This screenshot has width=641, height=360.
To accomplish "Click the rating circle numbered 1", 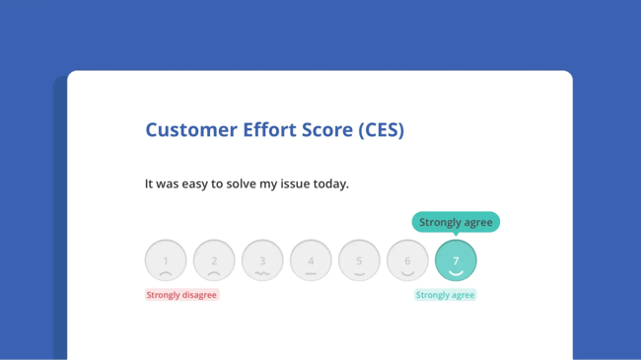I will click(166, 260).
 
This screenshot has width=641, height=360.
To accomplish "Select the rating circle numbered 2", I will click(214, 260).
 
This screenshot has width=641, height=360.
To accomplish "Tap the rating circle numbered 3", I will click(262, 260).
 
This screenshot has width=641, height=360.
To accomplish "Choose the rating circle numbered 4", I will click(311, 260).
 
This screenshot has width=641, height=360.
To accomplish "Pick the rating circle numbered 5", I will click(359, 260).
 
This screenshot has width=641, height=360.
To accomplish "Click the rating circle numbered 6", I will click(407, 260).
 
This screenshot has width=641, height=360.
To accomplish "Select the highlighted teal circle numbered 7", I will click(456, 260).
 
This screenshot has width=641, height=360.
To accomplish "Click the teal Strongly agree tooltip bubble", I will click(456, 222).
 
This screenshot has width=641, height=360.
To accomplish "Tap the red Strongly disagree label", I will click(181, 295).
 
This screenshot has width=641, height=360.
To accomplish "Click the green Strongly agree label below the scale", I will click(445, 295).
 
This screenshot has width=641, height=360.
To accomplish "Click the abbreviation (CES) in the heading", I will click(381, 130).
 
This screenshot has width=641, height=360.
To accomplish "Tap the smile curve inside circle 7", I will click(456, 272).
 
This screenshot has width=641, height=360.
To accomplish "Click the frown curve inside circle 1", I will click(166, 270).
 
